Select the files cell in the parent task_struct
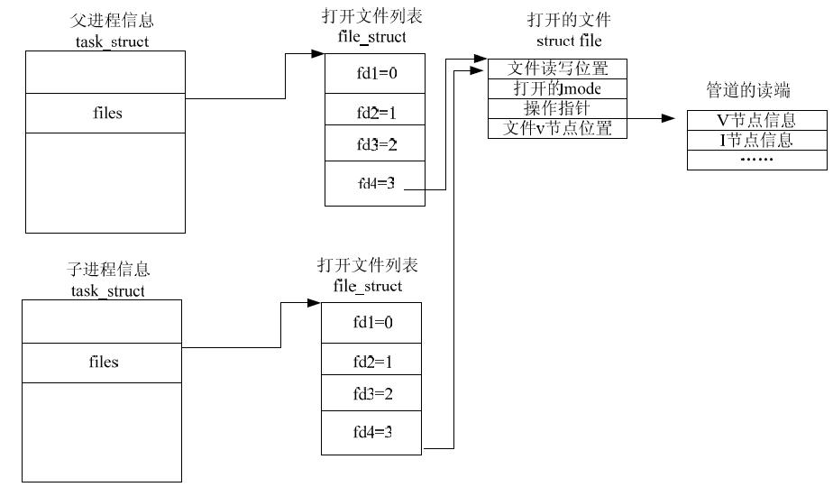(x=107, y=113)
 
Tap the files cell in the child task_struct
(x=104, y=362)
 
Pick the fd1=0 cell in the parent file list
(x=374, y=74)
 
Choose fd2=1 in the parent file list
(x=374, y=115)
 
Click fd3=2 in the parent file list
(x=374, y=144)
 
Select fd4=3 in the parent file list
(x=374, y=184)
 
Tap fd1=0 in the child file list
(x=371, y=322)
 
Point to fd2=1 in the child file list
(x=371, y=362)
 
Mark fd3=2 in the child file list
(x=371, y=393)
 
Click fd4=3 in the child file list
(x=371, y=432)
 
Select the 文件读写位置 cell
(x=557, y=69)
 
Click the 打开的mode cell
(x=557, y=88)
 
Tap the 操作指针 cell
(x=557, y=108)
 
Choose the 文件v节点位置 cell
(x=557, y=128)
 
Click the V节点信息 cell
(x=755, y=120)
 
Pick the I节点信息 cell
(x=755, y=140)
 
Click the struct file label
(x=568, y=41)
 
